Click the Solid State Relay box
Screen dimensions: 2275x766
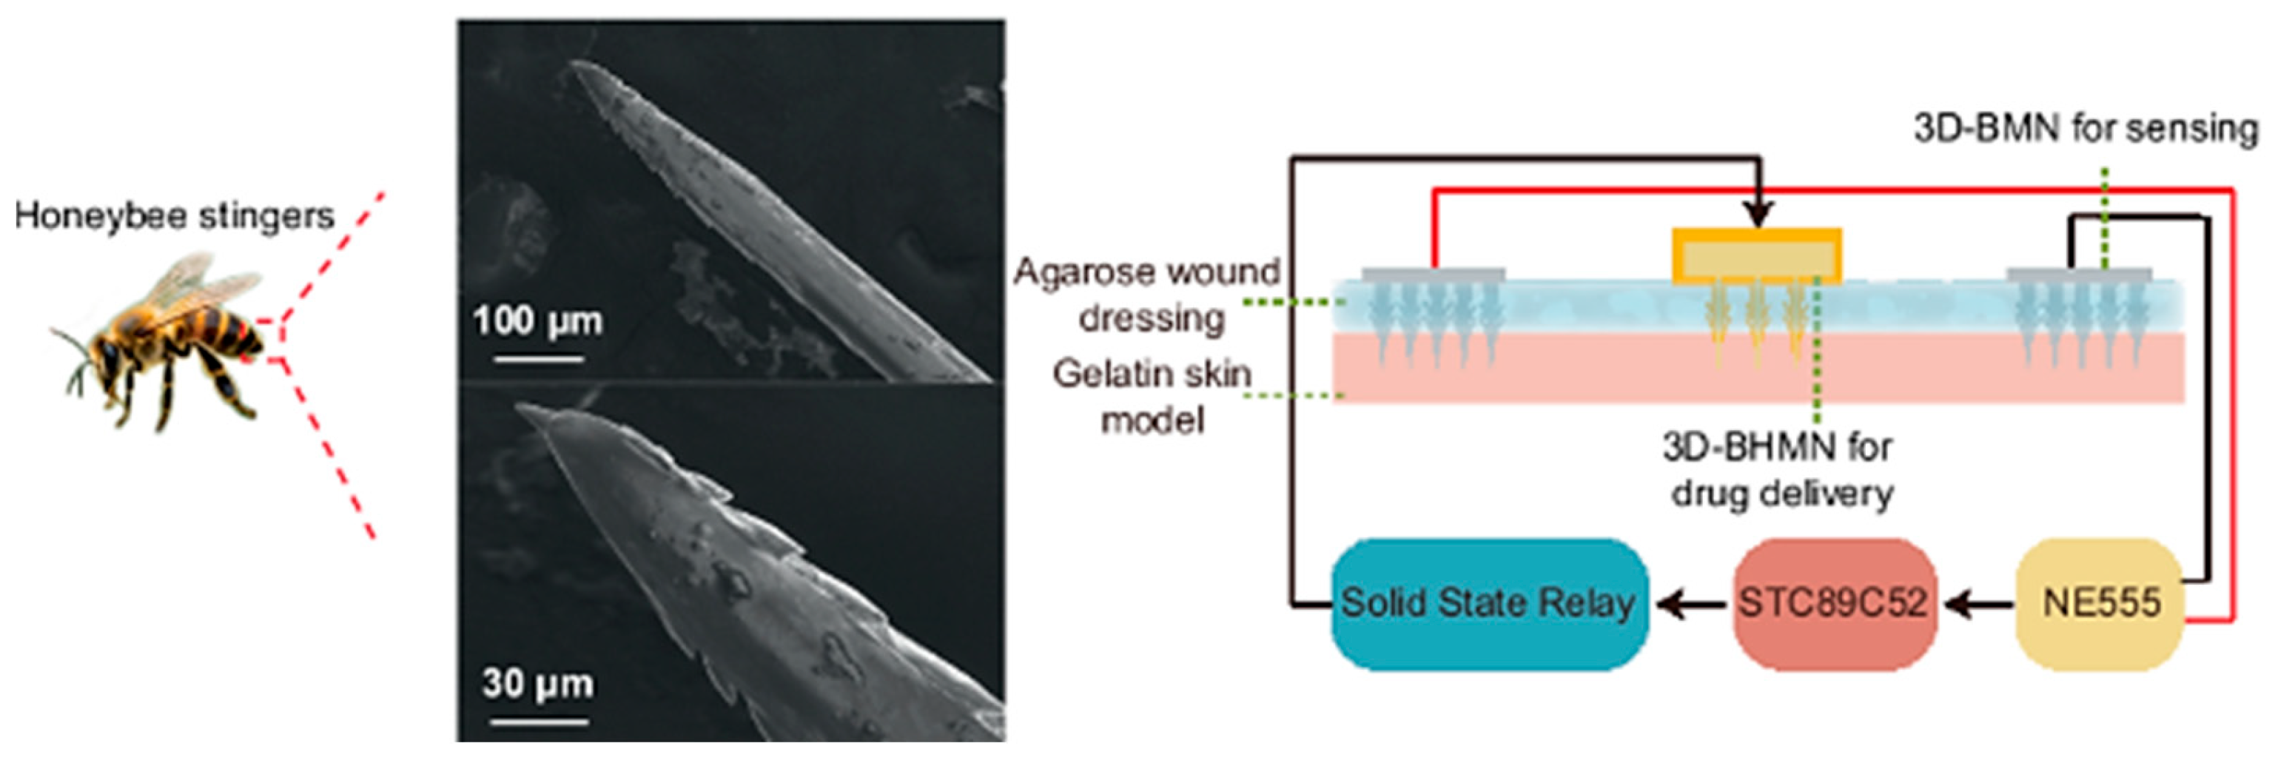click(x=1488, y=603)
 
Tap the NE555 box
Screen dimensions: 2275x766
click(x=2100, y=603)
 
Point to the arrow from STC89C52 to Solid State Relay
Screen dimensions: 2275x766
click(x=1690, y=605)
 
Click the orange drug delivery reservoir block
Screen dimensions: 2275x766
click(x=1757, y=256)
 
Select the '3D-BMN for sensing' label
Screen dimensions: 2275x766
click(x=2085, y=129)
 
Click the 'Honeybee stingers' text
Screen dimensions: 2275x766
click(x=174, y=215)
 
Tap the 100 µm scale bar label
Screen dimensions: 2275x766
click(x=537, y=320)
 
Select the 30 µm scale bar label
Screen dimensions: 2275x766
click(x=537, y=683)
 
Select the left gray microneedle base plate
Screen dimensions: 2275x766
click(x=1433, y=275)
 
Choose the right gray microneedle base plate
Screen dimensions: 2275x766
click(x=2079, y=275)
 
